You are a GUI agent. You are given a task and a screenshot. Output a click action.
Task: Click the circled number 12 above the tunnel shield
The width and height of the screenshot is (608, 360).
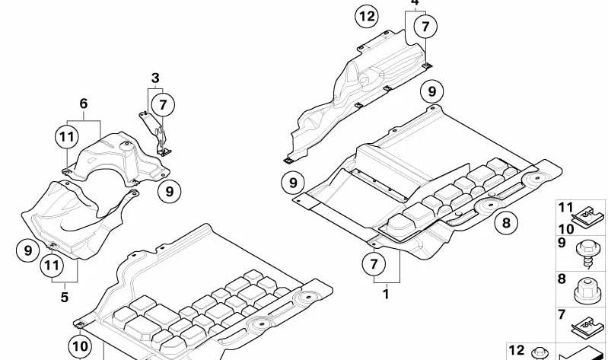point(367,16)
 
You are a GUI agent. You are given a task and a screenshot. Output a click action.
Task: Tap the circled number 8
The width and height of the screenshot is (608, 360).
point(506,223)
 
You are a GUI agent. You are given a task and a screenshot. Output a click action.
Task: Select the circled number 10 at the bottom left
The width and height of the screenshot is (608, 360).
point(80,346)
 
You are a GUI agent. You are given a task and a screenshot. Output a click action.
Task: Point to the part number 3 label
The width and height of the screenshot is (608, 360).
point(155,78)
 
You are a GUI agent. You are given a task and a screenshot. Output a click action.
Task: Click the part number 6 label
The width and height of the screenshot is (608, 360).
point(84,104)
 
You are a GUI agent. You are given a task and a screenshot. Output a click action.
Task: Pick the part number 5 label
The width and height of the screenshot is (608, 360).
point(65,297)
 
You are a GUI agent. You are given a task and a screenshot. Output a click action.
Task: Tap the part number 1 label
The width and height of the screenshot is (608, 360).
point(386,294)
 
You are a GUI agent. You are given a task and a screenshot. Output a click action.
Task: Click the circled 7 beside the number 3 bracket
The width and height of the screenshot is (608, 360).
point(163,105)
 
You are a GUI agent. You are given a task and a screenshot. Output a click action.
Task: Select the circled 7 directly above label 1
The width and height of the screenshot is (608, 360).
point(374,264)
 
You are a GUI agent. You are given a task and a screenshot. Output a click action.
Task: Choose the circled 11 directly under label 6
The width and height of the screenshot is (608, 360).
point(67,137)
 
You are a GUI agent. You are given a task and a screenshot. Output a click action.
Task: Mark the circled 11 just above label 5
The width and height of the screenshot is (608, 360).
point(52,266)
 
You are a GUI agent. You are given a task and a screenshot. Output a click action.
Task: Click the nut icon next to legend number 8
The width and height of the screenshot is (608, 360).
point(587,291)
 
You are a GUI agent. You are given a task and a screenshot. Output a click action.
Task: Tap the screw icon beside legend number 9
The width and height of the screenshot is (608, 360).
point(589,254)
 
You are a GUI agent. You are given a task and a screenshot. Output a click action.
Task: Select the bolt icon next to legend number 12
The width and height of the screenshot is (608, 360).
point(539,354)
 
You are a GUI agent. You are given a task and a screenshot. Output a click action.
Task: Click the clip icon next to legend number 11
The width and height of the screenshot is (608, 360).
point(588,216)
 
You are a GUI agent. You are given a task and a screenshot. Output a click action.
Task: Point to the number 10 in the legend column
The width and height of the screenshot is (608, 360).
point(565,229)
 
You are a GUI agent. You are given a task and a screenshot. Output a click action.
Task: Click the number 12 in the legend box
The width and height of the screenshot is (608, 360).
point(516,350)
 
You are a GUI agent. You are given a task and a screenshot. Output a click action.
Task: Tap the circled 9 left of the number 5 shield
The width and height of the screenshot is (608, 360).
point(28,250)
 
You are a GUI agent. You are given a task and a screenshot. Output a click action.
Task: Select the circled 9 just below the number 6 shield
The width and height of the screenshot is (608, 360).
point(170,191)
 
